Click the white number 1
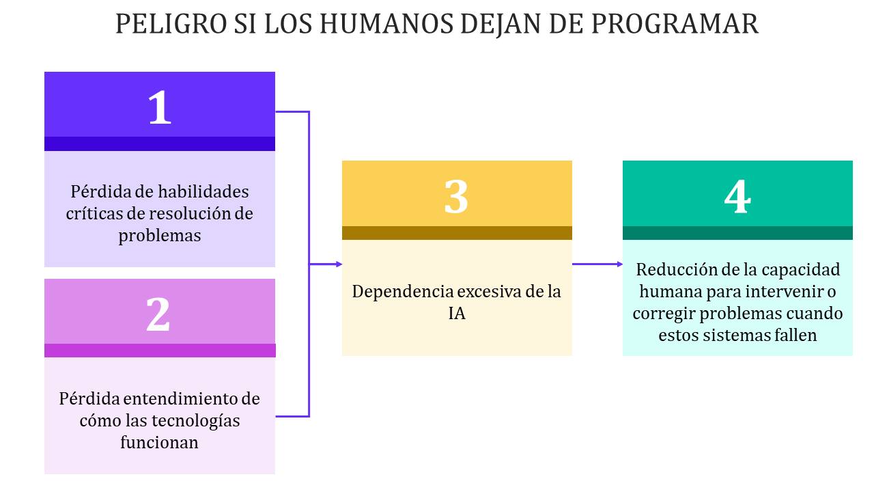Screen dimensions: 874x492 coord(160,107)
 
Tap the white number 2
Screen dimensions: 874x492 coord(158,314)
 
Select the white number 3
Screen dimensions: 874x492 coord(456,196)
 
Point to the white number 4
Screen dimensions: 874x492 coord(737,196)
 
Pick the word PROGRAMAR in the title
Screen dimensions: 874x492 coord(675,24)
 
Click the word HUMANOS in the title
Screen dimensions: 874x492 coord(386,24)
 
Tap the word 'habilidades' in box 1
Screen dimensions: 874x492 coord(203,192)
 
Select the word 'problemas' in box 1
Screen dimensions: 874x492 coord(160,236)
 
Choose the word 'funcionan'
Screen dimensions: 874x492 coord(159,442)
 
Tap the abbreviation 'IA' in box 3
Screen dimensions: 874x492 coord(457,314)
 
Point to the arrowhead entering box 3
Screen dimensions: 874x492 coord(339,264)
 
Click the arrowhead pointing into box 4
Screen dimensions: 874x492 coord(619,264)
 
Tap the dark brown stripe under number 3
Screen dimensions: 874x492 coord(457,233)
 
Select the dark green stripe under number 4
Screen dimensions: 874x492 coord(737,233)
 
